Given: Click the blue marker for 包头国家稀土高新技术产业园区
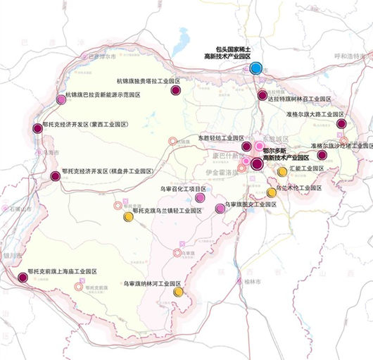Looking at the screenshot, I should click(256, 68).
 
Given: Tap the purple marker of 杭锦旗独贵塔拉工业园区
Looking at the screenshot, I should click(176, 89).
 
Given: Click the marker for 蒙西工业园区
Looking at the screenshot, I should click(37, 128).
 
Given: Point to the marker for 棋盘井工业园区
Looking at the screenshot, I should click(56, 176).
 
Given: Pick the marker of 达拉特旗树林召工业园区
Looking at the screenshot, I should click(263, 95).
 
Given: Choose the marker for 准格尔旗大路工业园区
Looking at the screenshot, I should click(341, 123).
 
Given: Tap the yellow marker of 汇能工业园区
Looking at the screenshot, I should click(282, 171).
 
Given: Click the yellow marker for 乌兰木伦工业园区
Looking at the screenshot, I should click(272, 192).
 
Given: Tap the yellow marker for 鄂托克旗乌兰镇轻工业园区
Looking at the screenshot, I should click(128, 217).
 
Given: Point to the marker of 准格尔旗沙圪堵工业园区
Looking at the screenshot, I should click(322, 155).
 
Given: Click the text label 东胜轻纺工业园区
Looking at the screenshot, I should click(221, 138).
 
